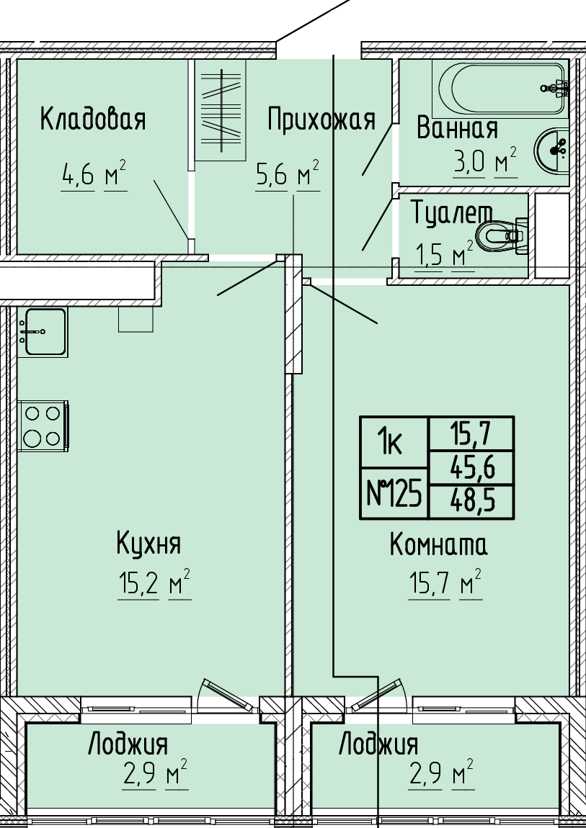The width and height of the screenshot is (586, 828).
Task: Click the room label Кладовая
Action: coord(92,119)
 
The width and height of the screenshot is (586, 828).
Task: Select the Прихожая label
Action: coord(321,120)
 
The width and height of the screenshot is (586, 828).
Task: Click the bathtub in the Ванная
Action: coord(500,89)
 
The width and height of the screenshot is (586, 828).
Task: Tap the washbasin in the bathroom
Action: coord(551,150)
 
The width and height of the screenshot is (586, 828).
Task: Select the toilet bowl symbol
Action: coord(502,236)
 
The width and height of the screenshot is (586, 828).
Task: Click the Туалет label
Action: coord(452,213)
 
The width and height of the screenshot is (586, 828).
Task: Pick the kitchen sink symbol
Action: coord(43,332)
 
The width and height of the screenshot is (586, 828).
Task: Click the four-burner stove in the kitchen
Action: coord(43,426)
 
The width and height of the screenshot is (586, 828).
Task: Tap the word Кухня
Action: coord(148,544)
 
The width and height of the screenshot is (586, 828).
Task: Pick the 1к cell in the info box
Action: coord(394,443)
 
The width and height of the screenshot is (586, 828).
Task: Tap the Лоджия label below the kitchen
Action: coord(128,744)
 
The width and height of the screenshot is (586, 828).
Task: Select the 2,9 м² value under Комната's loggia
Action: coord(440,773)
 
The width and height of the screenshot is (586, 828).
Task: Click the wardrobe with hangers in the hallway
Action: coord(221,110)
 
